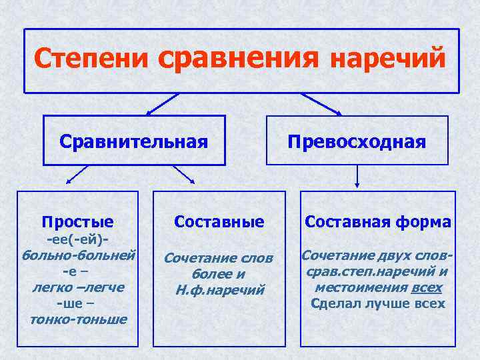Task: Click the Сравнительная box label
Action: tap(133, 141)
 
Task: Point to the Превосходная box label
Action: tap(357, 141)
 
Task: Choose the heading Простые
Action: tap(77, 221)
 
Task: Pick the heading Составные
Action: tap(219, 221)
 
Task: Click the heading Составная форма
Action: tap(378, 221)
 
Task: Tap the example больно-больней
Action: tap(79, 255)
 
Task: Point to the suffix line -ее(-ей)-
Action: tap(77, 239)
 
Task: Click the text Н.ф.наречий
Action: tap(219, 289)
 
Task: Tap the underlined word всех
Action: tap(427, 287)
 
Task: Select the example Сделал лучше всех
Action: tap(378, 303)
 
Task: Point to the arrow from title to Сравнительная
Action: tap(161, 104)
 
